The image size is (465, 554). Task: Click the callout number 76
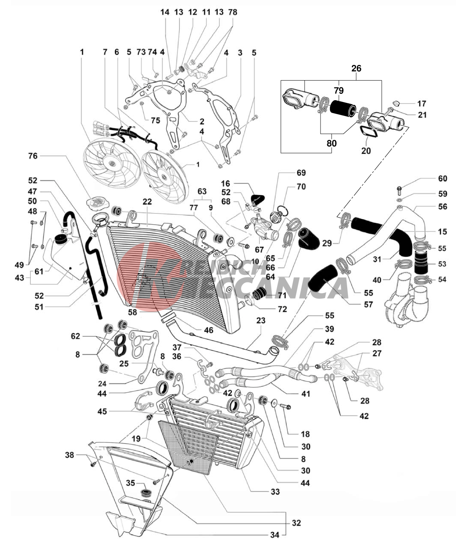tap(32, 156)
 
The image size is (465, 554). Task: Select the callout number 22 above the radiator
tap(147, 202)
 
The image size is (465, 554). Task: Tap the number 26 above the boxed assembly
tap(356, 68)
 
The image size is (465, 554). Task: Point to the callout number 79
tap(339, 91)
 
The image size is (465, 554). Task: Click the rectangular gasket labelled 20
tap(368, 132)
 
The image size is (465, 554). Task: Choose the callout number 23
tap(261, 320)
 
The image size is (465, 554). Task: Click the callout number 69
tap(301, 173)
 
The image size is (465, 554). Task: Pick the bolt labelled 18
tap(285, 407)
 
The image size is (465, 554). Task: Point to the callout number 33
tap(275, 491)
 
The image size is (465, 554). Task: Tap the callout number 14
tap(165, 12)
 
